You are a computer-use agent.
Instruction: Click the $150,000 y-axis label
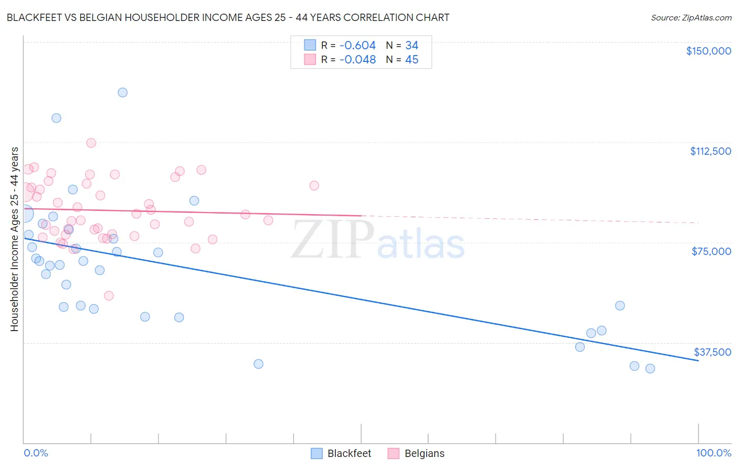tap(708, 51)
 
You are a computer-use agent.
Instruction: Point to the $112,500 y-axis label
tap(710, 151)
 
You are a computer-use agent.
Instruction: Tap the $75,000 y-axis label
tap(711, 251)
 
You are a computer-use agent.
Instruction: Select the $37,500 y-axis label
tap(712, 352)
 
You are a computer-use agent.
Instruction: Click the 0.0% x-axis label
tap(36, 453)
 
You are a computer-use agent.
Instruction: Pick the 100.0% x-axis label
tap(713, 453)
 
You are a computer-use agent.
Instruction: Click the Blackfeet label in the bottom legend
tap(349, 453)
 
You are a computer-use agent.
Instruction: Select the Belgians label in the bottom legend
tap(424, 453)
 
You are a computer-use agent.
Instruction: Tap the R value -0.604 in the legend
tap(357, 46)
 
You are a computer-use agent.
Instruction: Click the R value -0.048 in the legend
tap(357, 60)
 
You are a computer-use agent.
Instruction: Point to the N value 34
tap(412, 46)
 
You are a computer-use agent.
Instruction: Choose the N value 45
tap(412, 60)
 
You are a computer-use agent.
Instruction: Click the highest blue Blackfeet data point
tap(123, 92)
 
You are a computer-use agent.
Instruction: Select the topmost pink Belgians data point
tap(91, 143)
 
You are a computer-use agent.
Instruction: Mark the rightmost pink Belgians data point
tap(314, 185)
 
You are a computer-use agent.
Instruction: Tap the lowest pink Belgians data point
tap(109, 295)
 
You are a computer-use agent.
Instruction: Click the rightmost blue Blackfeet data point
tap(650, 368)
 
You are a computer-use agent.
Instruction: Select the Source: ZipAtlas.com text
tap(691, 18)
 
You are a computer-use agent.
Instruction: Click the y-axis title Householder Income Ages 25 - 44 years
tap(15, 239)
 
